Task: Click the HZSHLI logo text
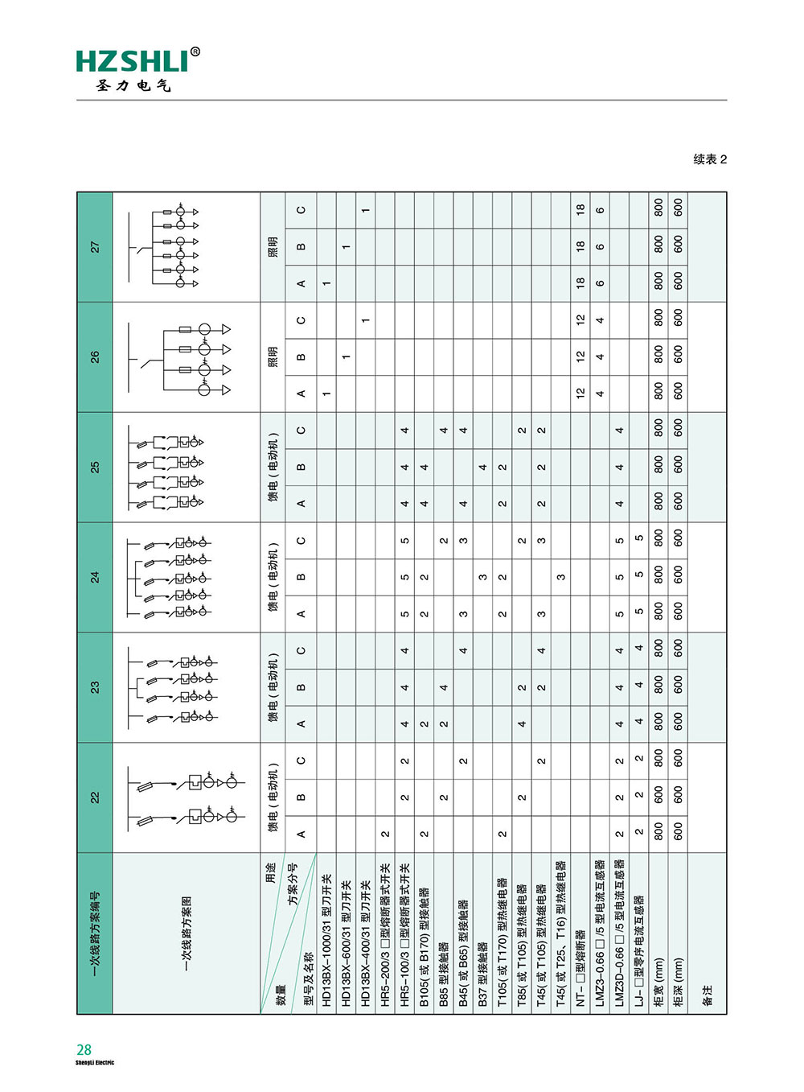coord(132,61)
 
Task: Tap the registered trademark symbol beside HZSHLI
coord(195,52)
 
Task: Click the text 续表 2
coord(710,159)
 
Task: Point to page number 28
coord(84,1049)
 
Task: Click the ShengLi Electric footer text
coord(95,1063)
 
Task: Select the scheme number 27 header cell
coord(95,247)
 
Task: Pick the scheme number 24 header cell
coord(95,577)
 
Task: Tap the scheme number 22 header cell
coord(95,797)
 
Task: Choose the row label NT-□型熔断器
coord(580,965)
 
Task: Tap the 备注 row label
coord(708,995)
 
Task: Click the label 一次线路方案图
coord(187,933)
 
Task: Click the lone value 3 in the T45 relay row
coord(560,577)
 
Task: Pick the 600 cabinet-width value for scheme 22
coord(658,797)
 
